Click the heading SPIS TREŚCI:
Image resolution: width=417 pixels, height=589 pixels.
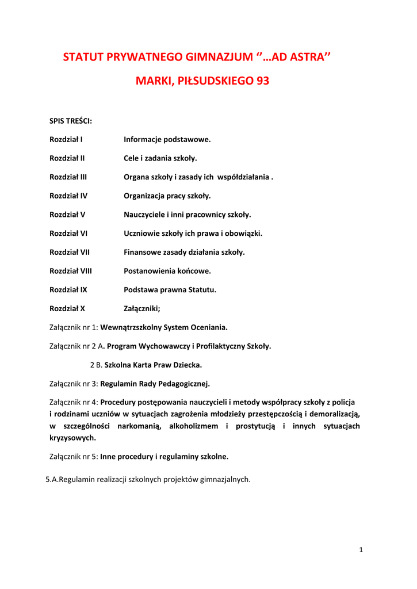point(71,121)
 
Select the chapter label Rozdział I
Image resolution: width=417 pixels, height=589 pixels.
point(66,140)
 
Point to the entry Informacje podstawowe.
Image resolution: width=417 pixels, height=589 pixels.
point(167,140)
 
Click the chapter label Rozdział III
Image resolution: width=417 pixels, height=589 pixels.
point(68,177)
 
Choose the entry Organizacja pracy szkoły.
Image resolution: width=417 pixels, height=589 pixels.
point(167,196)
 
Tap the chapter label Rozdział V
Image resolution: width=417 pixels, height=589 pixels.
point(67,215)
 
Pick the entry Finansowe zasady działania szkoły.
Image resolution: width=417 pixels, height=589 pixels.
point(184,252)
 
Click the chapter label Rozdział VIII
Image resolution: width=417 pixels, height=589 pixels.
point(71,271)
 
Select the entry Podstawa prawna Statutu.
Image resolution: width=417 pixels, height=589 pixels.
point(170,290)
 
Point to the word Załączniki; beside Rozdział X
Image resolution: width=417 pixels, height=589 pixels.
point(142,308)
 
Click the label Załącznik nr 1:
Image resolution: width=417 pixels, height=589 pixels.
point(74,328)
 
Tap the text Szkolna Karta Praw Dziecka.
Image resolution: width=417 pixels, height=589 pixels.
point(153,365)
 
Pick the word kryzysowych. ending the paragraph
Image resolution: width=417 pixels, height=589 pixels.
point(73,438)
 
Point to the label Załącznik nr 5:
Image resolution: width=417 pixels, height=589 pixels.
point(74,457)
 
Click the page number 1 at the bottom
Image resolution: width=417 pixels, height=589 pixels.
point(361,550)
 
